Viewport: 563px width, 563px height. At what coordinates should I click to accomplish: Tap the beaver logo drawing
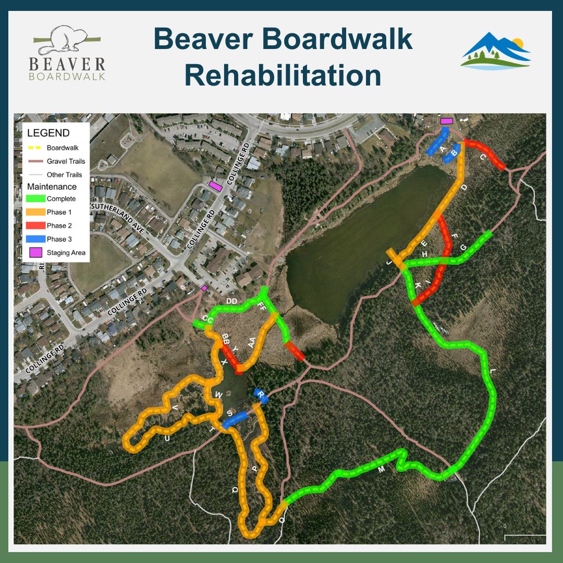pyautogui.click(x=68, y=41)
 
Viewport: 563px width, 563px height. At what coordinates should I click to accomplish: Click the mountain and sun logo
pyautogui.click(x=495, y=51)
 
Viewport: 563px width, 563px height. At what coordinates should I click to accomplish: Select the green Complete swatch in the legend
pyautogui.click(x=35, y=199)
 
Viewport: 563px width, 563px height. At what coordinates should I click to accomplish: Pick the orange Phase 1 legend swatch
pyautogui.click(x=35, y=212)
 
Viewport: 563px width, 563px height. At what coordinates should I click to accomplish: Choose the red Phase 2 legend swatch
pyautogui.click(x=35, y=226)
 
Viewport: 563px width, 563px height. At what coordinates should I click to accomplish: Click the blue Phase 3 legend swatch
pyautogui.click(x=35, y=239)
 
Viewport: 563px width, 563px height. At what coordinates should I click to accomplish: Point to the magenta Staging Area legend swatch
pyautogui.click(x=35, y=253)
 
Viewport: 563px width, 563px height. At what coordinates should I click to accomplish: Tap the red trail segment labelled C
pyautogui.click(x=485, y=155)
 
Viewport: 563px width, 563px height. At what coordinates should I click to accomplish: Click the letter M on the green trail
pyautogui.click(x=381, y=470)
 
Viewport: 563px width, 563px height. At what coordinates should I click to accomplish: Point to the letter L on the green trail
pyautogui.click(x=493, y=372)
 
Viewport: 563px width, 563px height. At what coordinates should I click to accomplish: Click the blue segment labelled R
pyautogui.click(x=261, y=396)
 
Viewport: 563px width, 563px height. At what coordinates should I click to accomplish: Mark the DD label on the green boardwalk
pyautogui.click(x=232, y=302)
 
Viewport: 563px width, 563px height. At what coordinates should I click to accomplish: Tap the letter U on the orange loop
pyautogui.click(x=167, y=439)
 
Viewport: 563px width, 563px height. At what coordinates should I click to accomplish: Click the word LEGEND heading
pyautogui.click(x=48, y=133)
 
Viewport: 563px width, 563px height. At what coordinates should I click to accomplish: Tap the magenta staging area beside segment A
pyautogui.click(x=446, y=121)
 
